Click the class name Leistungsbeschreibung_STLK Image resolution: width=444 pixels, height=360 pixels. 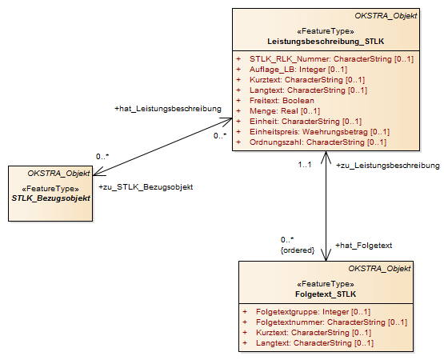[x=326, y=42]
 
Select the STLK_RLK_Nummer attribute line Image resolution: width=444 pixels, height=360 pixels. [x=325, y=59]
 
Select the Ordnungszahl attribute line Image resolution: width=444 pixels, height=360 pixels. [x=311, y=142]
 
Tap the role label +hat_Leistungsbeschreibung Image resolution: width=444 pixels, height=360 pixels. [x=168, y=109]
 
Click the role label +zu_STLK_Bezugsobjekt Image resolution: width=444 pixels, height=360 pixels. [x=146, y=187]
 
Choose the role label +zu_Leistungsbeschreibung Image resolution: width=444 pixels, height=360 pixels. [x=388, y=166]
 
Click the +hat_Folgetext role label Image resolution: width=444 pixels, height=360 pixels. [x=363, y=246]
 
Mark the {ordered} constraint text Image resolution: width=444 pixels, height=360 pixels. [x=298, y=250]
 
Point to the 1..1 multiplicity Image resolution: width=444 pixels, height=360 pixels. [x=305, y=165]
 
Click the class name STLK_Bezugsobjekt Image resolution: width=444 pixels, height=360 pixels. [x=50, y=198]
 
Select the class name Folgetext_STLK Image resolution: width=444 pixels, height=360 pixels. [x=326, y=294]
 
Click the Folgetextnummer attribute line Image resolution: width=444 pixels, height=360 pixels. [x=325, y=322]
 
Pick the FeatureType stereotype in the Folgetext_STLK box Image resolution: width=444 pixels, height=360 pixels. [x=326, y=284]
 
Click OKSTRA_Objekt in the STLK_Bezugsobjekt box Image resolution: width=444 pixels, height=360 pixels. [x=58, y=174]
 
